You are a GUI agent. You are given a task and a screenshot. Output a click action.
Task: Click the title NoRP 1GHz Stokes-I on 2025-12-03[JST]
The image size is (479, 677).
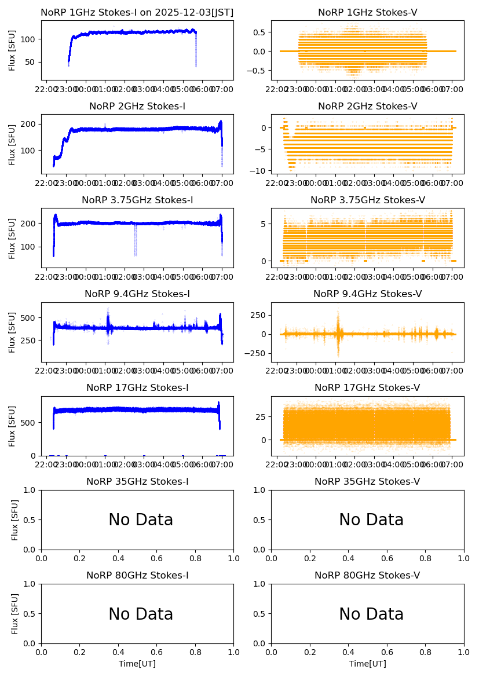[x=137, y=13]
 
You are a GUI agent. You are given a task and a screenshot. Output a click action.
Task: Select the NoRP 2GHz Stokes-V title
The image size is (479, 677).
[x=367, y=107]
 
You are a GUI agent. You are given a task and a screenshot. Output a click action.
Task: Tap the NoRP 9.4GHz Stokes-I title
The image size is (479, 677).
[x=137, y=294]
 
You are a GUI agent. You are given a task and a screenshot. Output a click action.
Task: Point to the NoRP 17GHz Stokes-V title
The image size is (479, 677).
[x=367, y=388]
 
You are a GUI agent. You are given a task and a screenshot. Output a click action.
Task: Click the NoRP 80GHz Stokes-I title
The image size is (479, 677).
[x=137, y=576]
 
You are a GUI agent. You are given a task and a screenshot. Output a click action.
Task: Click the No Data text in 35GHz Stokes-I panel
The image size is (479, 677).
[x=141, y=520]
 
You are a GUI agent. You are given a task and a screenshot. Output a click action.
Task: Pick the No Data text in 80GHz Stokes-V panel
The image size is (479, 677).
[x=371, y=614]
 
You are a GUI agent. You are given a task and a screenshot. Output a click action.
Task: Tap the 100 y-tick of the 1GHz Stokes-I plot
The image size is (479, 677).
[x=30, y=39]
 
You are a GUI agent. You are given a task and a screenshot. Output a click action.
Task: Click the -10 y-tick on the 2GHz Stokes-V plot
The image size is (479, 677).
[x=259, y=171]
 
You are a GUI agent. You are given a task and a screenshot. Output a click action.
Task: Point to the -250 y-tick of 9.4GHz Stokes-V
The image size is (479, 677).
[x=257, y=353]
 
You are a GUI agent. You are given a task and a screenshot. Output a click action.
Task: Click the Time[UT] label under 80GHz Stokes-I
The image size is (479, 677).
[x=137, y=664]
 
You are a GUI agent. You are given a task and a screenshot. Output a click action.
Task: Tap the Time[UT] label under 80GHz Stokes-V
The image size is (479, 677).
[x=367, y=664]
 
